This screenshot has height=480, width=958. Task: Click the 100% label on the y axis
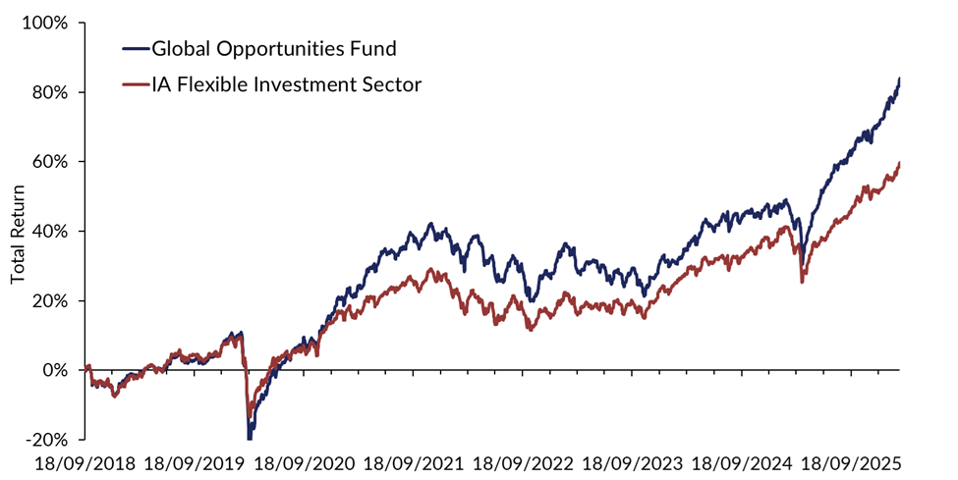44,23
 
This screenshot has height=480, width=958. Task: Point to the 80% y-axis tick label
48,92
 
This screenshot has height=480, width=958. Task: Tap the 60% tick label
48,162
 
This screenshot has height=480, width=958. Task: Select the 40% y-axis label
48,232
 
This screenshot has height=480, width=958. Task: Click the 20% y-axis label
48,301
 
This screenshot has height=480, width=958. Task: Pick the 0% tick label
53,371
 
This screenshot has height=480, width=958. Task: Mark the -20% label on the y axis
45,440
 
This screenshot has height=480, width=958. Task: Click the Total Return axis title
18,232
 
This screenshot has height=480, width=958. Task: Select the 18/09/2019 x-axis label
196,461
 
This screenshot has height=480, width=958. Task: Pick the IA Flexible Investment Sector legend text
285,84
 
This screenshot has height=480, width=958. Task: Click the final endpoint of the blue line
900,79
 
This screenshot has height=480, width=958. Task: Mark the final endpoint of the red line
900,163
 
